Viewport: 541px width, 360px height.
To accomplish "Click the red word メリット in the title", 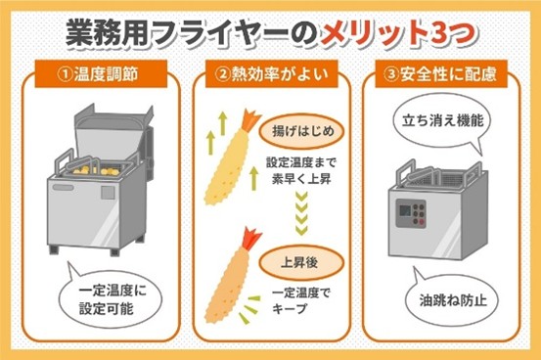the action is point(374,34).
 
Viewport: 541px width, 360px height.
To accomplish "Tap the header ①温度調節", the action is point(101,74).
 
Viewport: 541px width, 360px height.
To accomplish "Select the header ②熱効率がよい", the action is point(271,74).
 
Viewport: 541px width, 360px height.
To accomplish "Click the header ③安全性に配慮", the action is point(441,74).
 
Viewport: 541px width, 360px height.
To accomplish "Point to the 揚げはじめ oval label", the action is point(302,131).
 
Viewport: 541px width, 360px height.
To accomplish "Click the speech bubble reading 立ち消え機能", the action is point(442,121).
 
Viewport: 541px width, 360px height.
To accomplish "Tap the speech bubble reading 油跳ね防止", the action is point(453,298).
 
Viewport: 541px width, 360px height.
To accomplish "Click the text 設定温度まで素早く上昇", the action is point(301,171).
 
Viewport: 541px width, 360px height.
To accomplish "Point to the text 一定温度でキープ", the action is point(301,300).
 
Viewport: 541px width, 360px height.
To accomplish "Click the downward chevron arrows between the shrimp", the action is point(301,214).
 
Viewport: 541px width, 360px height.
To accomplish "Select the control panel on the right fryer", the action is point(411,213).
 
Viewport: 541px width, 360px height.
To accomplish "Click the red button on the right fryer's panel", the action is point(421,222).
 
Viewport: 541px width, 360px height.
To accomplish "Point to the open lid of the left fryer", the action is point(111,131).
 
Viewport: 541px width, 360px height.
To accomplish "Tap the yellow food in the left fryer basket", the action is point(95,170).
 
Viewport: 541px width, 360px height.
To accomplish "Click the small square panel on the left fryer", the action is point(108,193).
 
